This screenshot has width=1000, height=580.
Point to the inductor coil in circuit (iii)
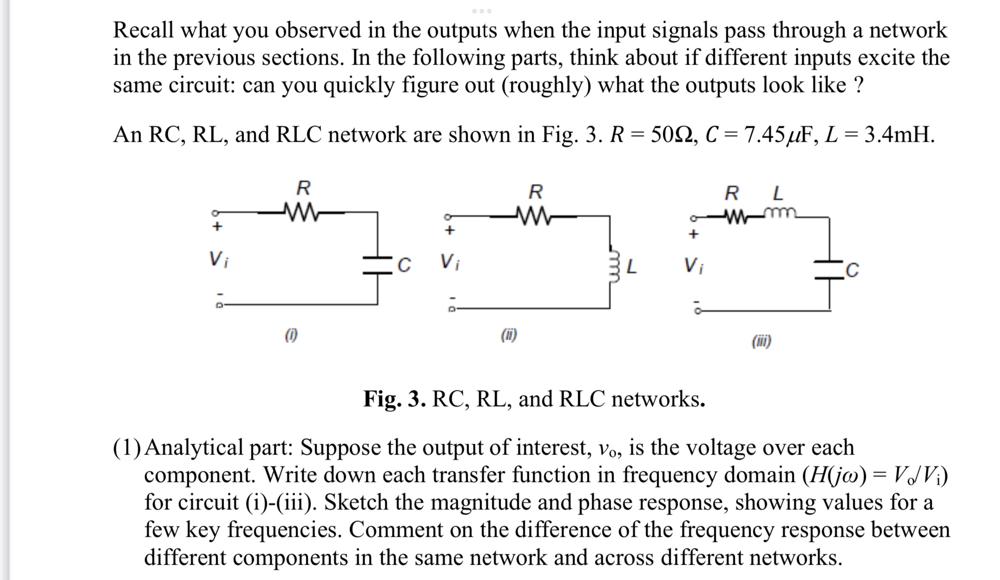[x=780, y=213]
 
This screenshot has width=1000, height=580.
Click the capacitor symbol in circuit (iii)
[x=830, y=270]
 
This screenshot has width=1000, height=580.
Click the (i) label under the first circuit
[x=291, y=335]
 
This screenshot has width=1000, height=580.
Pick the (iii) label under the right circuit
[x=761, y=342]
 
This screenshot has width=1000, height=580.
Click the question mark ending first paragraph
[x=859, y=85]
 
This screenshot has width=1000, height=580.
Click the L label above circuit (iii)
[x=777, y=192]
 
